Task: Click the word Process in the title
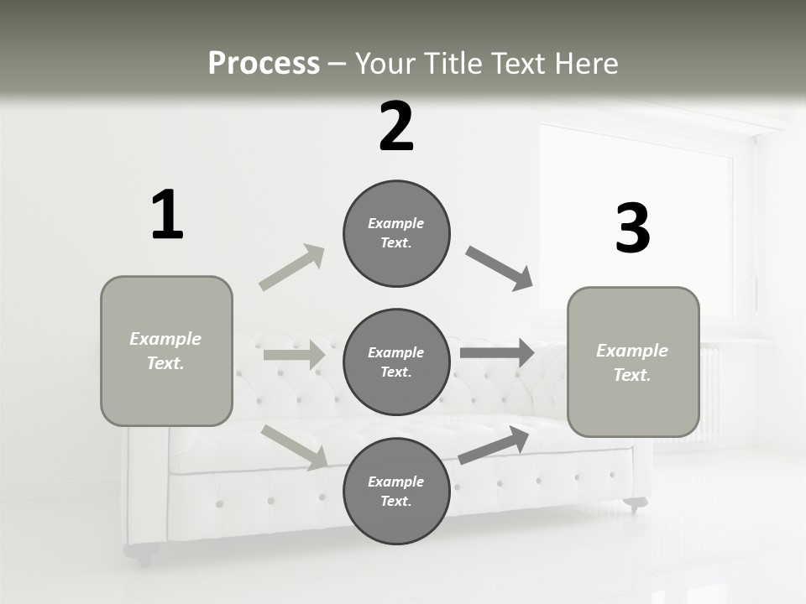(264, 64)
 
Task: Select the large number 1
(167, 216)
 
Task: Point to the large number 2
(396, 128)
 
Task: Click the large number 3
(632, 228)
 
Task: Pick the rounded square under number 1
(166, 351)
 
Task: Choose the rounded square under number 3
(633, 362)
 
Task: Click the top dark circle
(396, 233)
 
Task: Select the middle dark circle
(396, 362)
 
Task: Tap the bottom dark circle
(396, 491)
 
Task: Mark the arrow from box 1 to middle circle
(294, 355)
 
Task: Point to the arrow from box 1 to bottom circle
(295, 447)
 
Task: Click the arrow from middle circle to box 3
(497, 352)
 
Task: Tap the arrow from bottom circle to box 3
(495, 445)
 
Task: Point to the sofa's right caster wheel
(636, 504)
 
